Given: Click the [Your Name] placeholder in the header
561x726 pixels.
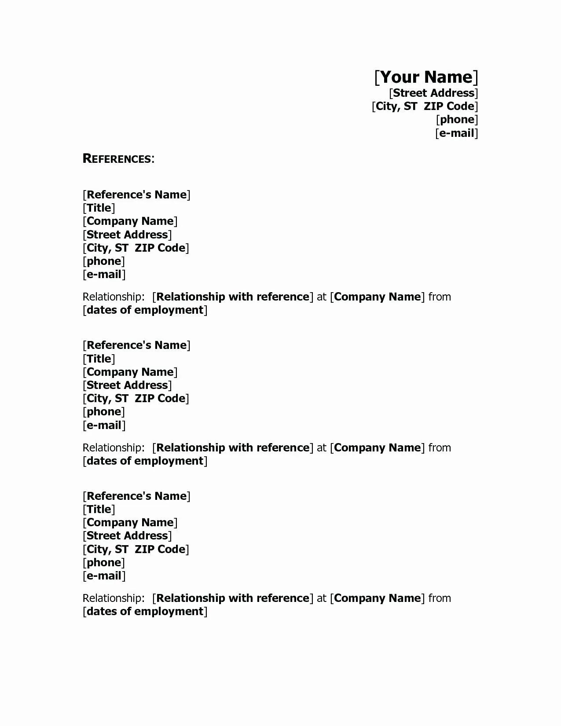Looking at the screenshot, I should click(426, 77).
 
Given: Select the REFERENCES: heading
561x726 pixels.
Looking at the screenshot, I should click(118, 159).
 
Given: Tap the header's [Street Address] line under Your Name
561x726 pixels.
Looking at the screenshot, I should click(433, 93).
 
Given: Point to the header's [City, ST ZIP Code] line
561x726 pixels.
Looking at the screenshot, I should click(425, 106).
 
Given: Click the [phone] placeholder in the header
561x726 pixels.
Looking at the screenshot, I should click(457, 120).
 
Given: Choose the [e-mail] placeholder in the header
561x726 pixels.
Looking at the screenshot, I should click(456, 133).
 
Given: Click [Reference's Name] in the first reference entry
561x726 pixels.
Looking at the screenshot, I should click(136, 194).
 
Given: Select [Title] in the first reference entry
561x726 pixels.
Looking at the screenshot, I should click(99, 208).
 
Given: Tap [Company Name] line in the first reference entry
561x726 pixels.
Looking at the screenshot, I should click(130, 221).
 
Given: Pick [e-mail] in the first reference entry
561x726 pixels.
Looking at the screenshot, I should click(104, 275).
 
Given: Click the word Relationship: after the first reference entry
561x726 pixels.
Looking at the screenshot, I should click(113, 297).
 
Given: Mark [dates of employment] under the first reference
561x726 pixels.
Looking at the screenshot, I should click(145, 310).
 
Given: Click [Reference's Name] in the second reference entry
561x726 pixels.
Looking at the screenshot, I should click(136, 345).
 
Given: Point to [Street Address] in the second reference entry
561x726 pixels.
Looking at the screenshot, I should click(127, 385).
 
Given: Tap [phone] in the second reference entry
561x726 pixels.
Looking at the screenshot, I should click(104, 412).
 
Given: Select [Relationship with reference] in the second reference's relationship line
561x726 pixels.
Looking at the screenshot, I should click(233, 448).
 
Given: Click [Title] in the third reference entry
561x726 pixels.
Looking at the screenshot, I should click(99, 510).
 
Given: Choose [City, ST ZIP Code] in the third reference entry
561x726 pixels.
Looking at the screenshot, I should click(136, 549).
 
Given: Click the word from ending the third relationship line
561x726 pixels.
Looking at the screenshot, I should click(440, 598).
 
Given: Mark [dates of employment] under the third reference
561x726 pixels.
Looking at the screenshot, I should click(145, 612).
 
